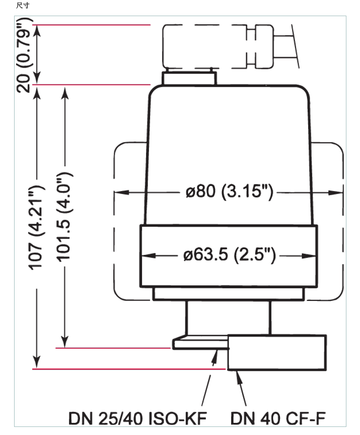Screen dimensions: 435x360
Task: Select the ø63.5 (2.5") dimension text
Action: point(229,255)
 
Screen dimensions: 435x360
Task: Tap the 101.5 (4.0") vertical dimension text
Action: point(64,217)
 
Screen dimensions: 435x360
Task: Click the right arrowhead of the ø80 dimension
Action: point(338,192)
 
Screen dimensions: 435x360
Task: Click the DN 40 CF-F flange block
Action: point(276,352)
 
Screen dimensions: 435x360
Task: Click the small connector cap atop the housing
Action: point(189,78)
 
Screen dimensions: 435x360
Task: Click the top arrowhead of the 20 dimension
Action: point(37,29)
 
